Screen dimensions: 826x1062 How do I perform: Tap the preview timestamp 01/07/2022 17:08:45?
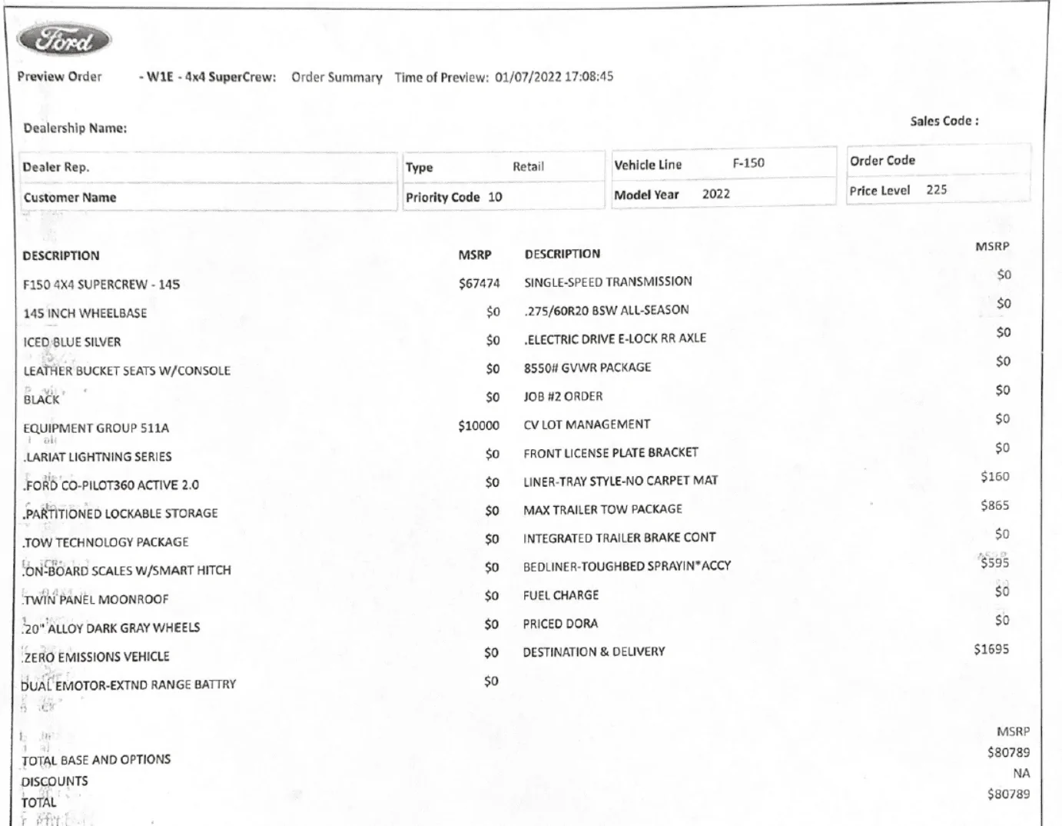point(553,77)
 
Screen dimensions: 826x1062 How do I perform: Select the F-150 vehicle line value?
point(748,163)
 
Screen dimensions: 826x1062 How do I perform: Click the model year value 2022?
point(715,194)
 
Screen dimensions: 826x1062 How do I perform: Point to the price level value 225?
point(936,190)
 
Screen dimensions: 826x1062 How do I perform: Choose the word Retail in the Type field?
point(528,166)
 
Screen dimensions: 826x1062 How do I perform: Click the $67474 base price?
point(479,284)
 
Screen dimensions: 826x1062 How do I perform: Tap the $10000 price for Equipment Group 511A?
point(478,425)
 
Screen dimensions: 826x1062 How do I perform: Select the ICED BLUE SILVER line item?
point(72,341)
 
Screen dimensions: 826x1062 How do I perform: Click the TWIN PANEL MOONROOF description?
point(96,599)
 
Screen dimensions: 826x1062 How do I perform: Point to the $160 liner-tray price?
point(994,477)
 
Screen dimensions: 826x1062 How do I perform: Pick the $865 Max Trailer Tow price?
point(994,505)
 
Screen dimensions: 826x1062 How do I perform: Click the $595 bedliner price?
point(994,563)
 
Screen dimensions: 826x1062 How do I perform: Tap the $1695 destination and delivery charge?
point(991,649)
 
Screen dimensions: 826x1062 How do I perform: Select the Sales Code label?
point(944,121)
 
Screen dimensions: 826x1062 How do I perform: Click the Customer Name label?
point(70,198)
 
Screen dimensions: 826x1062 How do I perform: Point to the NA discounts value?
point(1021,774)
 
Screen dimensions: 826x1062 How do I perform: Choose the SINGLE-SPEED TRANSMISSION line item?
point(608,281)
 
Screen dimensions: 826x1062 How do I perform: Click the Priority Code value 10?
point(495,197)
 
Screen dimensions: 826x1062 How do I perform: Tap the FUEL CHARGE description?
point(560,595)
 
